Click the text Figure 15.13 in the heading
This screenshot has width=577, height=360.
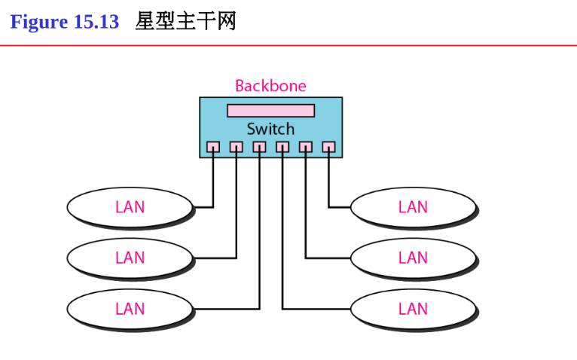point(64,22)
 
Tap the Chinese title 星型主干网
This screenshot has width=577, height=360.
point(185,22)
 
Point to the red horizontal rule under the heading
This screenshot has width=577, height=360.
point(288,45)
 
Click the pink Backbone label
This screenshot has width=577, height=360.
point(270,86)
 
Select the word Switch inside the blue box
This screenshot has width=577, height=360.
point(270,129)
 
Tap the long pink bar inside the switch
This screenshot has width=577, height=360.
point(270,111)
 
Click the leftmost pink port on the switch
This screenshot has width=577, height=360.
point(213,147)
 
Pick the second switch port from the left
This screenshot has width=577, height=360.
point(237,147)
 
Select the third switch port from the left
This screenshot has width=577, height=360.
point(259,147)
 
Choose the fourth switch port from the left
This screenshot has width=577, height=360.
point(282,147)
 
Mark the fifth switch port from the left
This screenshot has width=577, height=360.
point(306,147)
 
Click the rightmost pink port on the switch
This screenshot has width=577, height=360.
point(328,147)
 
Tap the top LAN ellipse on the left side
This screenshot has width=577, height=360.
point(130,206)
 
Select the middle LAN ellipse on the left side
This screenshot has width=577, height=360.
point(130,258)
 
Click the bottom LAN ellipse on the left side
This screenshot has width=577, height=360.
point(130,309)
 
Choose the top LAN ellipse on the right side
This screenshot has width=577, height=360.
point(413,206)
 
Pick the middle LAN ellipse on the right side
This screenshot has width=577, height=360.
point(413,258)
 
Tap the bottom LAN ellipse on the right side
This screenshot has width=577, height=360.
point(413,309)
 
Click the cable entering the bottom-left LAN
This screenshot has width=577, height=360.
point(226,309)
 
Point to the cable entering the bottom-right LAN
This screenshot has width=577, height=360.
point(316,309)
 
